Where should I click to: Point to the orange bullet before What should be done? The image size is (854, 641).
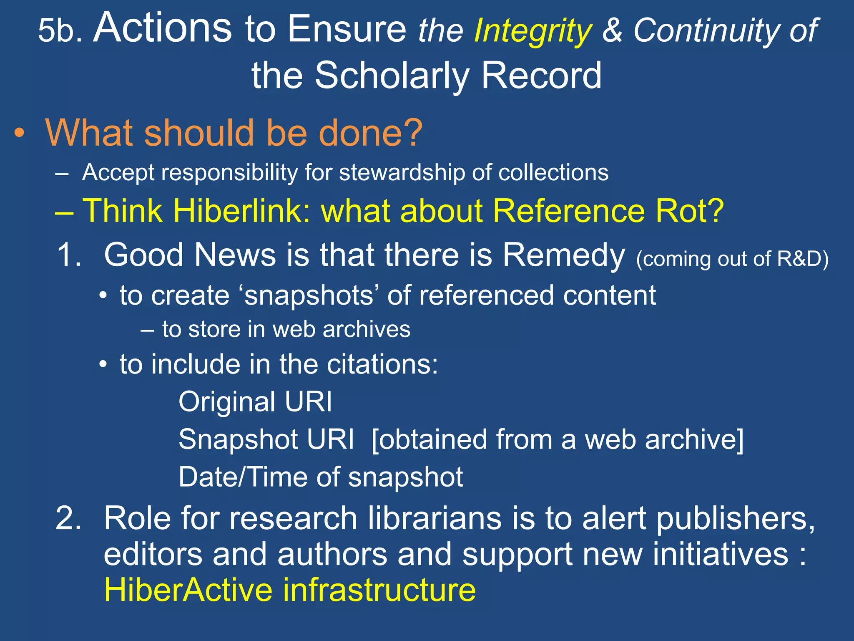[19, 134]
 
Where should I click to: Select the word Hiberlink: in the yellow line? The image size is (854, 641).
[242, 211]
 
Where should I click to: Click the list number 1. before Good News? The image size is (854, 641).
[69, 255]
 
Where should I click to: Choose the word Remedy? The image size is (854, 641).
[563, 255]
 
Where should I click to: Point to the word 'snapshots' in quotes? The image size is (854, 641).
[309, 295]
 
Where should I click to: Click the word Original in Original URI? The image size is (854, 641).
[227, 402]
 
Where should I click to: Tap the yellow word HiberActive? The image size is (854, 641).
[188, 590]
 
